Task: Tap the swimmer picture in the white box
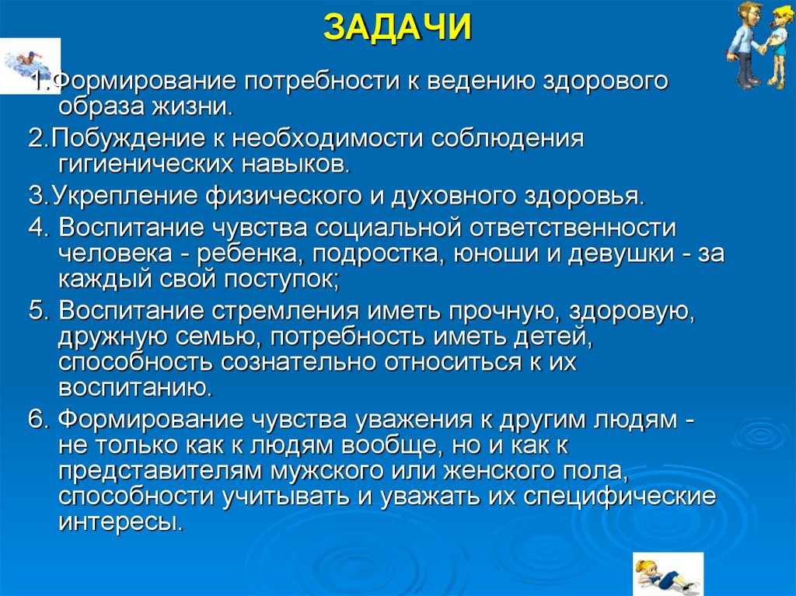click(30, 64)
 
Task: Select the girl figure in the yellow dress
click(778, 47)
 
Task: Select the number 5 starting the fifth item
click(34, 311)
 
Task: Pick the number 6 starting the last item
click(34, 420)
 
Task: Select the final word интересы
click(120, 521)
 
